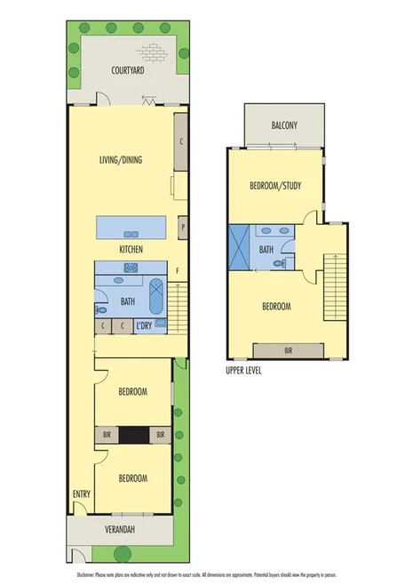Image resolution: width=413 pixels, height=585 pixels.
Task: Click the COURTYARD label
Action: point(127,68)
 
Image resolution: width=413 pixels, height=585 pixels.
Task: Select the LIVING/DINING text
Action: point(121,161)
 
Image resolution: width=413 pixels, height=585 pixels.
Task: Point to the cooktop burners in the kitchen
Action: point(131,266)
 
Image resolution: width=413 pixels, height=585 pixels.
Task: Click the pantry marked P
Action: point(182,228)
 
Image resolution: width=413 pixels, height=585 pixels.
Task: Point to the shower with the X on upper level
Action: point(240,248)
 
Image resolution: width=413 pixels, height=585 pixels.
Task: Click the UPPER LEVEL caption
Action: point(243,371)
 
